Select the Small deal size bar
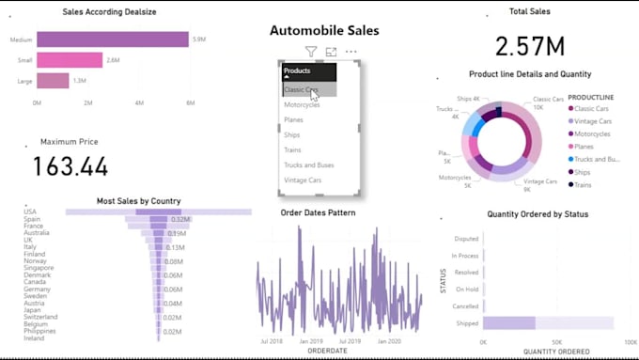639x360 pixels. coord(70,60)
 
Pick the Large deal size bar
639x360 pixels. coord(53,81)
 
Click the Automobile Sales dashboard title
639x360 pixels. coord(324,30)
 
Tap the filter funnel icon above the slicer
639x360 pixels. coord(311,52)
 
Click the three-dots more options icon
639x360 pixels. coord(351,52)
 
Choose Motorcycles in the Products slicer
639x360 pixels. coord(302,105)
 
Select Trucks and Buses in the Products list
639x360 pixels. coord(308,165)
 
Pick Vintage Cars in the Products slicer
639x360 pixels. coord(303,180)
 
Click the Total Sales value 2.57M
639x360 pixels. coord(529,46)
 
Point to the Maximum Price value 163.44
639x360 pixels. coord(70,166)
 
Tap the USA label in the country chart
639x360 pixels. coord(31,212)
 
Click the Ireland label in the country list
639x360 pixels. coord(34,338)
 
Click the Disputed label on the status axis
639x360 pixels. coord(465,239)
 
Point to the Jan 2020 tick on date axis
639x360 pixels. coord(388,341)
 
